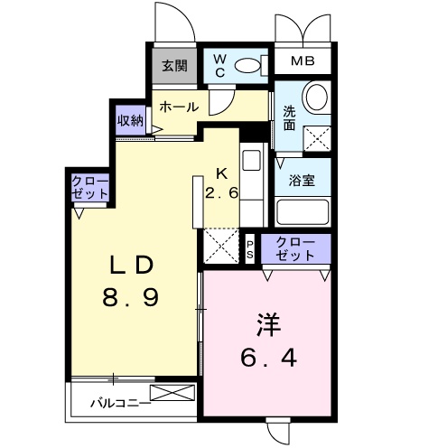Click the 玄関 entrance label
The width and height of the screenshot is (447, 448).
pyautogui.click(x=174, y=66)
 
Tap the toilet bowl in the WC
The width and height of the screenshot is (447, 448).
pyautogui.click(x=247, y=66)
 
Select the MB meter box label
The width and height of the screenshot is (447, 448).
pyautogui.click(x=303, y=61)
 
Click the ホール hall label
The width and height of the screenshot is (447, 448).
pyautogui.click(x=179, y=107)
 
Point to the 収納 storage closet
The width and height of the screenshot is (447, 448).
pyautogui.click(x=130, y=120)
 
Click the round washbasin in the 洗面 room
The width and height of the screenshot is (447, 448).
pyautogui.click(x=317, y=97)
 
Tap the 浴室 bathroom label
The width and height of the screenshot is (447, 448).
pyautogui.click(x=302, y=180)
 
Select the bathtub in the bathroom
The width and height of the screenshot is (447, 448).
pyautogui.click(x=303, y=212)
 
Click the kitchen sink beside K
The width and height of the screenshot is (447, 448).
pyautogui.click(x=251, y=161)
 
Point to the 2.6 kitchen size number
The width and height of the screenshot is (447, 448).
pyautogui.click(x=222, y=193)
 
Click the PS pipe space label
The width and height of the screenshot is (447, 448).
pyautogui.click(x=250, y=249)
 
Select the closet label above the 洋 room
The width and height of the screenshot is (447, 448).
pyautogui.click(x=295, y=249)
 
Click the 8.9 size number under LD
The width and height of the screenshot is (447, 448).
pyautogui.click(x=130, y=297)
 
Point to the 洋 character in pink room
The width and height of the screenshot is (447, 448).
pyautogui.click(x=269, y=324)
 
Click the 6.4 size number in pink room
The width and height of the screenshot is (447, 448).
pyautogui.click(x=269, y=358)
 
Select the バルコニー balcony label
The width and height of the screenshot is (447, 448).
pyautogui.click(x=120, y=403)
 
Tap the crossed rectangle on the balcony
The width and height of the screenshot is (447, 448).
pyautogui.click(x=172, y=393)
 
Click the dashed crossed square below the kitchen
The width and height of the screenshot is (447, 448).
pyautogui.click(x=221, y=246)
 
